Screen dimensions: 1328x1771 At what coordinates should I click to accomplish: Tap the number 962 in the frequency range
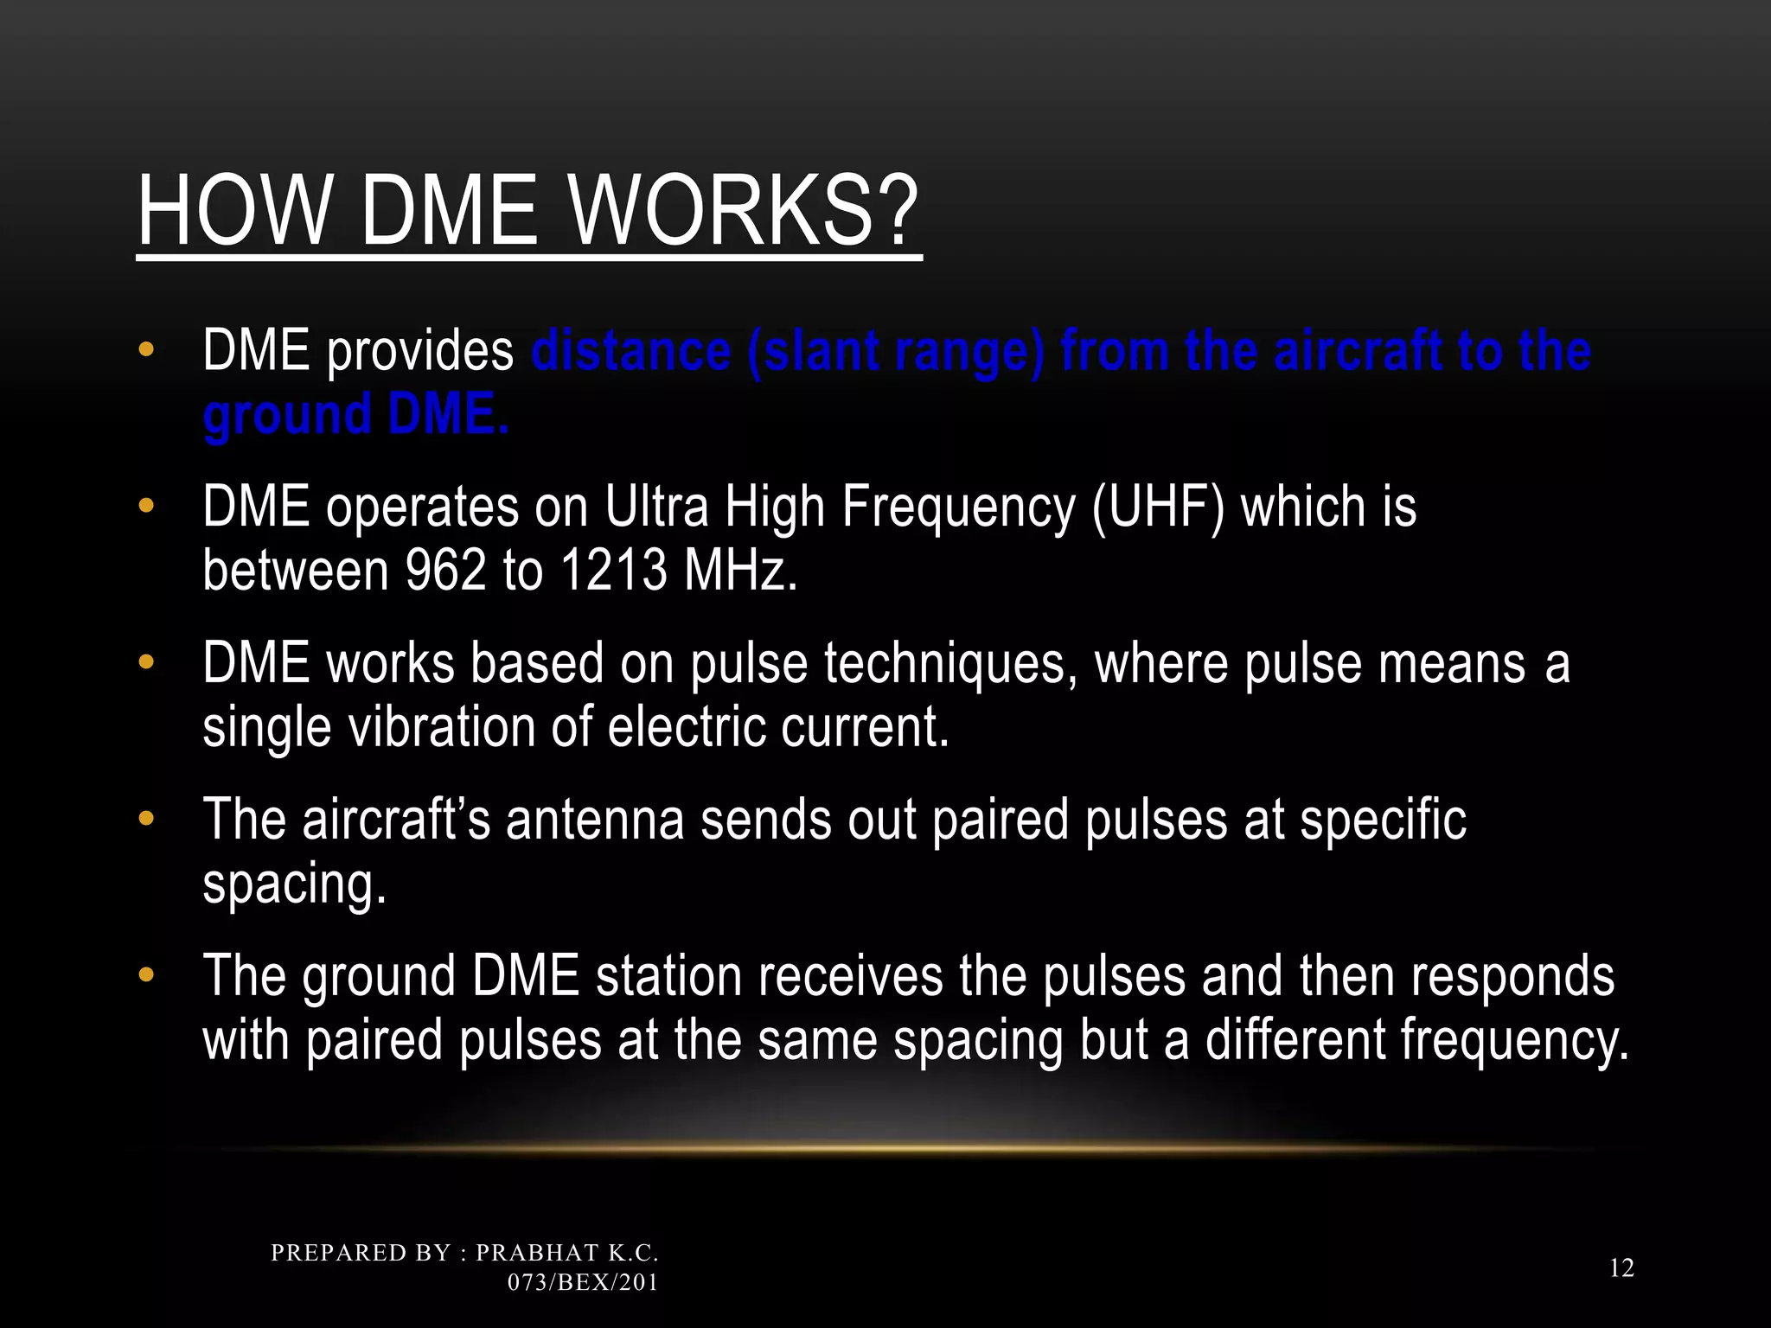[x=445, y=571]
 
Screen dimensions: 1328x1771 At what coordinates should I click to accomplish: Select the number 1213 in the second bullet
[x=613, y=571]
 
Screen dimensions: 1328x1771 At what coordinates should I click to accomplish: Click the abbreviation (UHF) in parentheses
[x=1158, y=508]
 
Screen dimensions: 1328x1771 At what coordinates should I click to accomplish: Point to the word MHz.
[x=739, y=571]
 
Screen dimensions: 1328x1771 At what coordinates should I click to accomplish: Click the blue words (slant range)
[x=895, y=352]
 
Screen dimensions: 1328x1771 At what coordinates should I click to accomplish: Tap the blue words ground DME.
[x=355, y=415]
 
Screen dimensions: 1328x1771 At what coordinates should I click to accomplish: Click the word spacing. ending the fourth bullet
[x=293, y=884]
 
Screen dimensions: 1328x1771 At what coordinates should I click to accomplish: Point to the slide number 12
[x=1621, y=1268]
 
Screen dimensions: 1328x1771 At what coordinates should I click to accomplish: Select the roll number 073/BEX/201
[x=582, y=1282]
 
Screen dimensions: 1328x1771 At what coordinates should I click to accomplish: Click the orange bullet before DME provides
[x=146, y=350]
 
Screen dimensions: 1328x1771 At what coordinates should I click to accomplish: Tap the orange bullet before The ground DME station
[x=146, y=975]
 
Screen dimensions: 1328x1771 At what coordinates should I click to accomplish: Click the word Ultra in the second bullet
[x=656, y=508]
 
